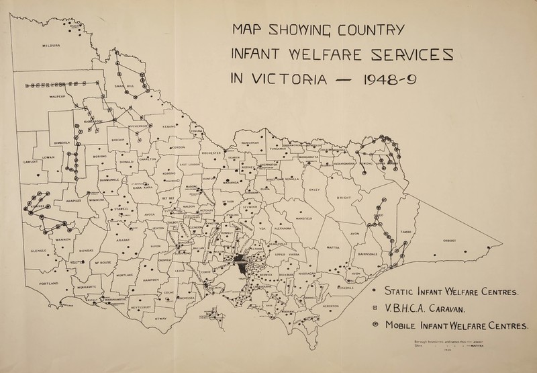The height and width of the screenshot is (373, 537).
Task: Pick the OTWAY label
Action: (160, 318)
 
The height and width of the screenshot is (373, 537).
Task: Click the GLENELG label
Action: (30, 252)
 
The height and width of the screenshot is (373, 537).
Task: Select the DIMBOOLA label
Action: (58, 141)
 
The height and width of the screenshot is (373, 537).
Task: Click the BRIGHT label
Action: (344, 197)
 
